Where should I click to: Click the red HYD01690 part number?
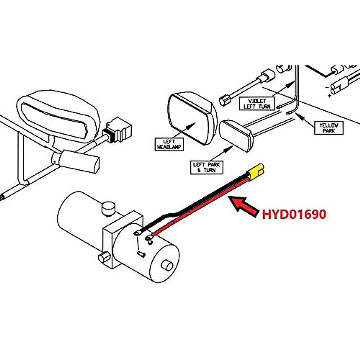click(x=294, y=214)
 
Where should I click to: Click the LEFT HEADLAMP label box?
click(x=169, y=144)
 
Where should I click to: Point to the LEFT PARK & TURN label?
click(x=206, y=167)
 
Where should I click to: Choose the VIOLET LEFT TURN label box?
click(x=257, y=103)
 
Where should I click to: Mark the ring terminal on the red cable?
click(x=148, y=238)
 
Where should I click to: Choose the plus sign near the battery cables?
click(x=330, y=96)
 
